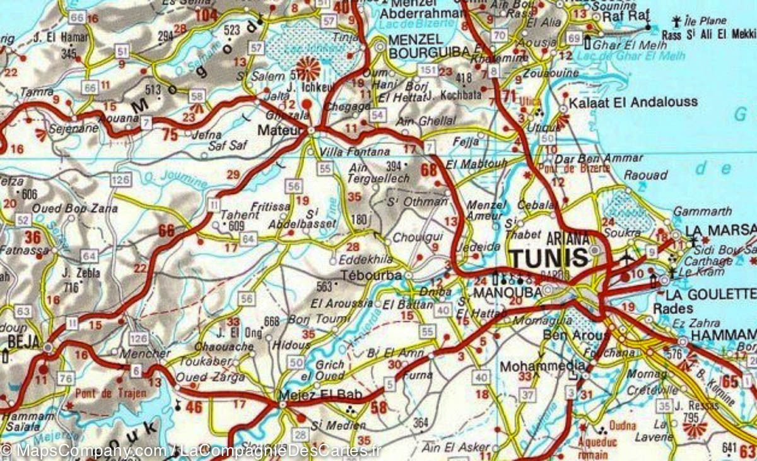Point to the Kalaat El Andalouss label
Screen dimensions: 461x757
[x=633, y=102]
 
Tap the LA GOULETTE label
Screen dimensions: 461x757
[x=713, y=294]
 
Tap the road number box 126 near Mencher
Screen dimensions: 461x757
[x=138, y=338]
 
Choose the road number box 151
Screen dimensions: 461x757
[x=428, y=69]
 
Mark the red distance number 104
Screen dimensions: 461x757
[x=206, y=15]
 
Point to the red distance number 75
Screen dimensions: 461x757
[x=170, y=134]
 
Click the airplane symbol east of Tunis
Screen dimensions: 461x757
[x=627, y=258]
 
